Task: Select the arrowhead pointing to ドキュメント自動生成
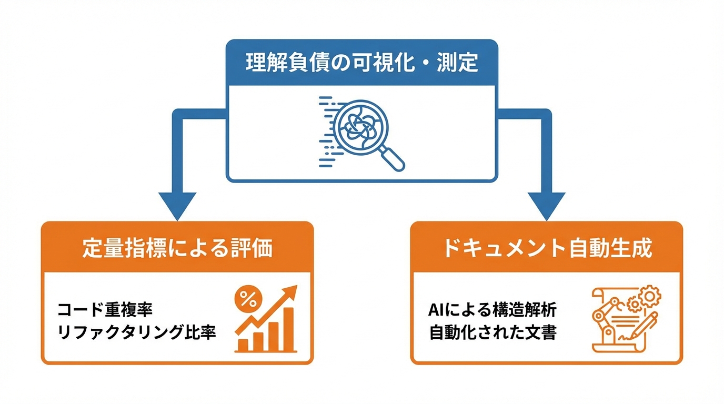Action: pyautogui.click(x=546, y=205)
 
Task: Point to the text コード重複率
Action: pyautogui.click(x=105, y=309)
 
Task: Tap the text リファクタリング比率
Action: pyautogui.click(x=137, y=333)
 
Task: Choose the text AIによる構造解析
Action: pyautogui.click(x=492, y=310)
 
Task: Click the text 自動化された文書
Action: pyautogui.click(x=492, y=333)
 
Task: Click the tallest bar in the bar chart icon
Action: pyautogui.click(x=288, y=329)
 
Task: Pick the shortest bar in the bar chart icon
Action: pyautogui.click(x=243, y=345)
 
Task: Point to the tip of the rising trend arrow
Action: pyautogui.click(x=293, y=290)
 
